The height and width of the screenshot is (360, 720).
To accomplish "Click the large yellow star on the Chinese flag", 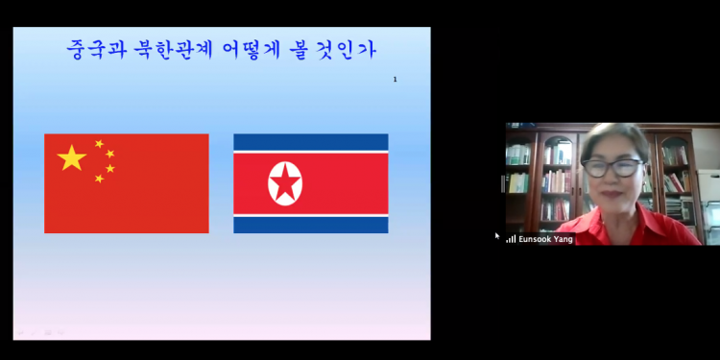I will (x=72, y=158).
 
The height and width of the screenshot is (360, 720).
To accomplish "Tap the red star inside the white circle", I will (x=285, y=182).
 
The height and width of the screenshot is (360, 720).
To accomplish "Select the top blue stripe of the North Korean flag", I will (x=311, y=141).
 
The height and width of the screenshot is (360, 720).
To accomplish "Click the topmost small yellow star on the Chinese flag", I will (x=99, y=144).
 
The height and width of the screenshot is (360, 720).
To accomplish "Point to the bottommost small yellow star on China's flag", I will (x=99, y=179).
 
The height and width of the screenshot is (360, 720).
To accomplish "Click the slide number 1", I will (x=395, y=79).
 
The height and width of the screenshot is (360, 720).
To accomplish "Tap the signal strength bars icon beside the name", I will (x=511, y=239).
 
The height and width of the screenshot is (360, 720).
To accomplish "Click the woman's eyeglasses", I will (x=612, y=167).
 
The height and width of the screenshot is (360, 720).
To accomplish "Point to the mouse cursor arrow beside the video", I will (x=497, y=235).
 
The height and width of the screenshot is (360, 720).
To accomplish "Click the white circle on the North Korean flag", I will (x=285, y=182).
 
